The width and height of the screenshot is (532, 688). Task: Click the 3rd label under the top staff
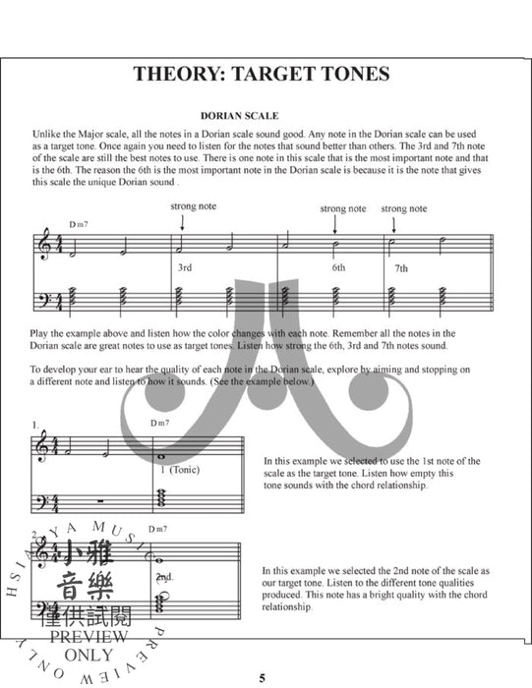coord(184,266)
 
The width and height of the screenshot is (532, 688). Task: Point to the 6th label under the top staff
coord(338,266)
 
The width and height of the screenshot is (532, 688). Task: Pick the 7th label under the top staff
coord(400,267)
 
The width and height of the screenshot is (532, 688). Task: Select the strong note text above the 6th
coord(343,208)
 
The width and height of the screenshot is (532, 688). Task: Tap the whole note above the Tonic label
coord(160,455)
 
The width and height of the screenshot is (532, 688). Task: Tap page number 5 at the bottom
coord(263,677)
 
